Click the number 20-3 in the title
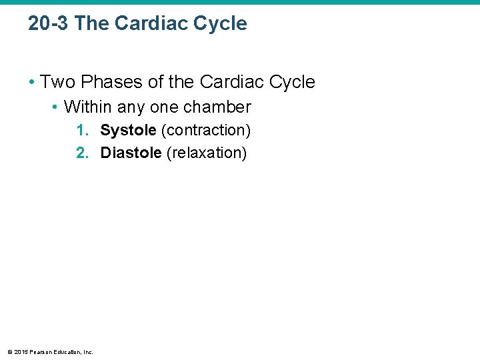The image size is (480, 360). [x=49, y=24]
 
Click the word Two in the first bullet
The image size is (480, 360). [x=55, y=82]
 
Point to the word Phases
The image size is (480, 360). [x=103, y=82]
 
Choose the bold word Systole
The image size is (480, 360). [x=128, y=130]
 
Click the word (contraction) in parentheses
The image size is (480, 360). [x=205, y=130]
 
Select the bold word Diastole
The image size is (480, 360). [x=131, y=153]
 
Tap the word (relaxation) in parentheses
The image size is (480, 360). [x=207, y=153]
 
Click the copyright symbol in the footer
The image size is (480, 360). [x=9, y=352]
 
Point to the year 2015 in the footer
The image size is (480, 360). [x=20, y=352]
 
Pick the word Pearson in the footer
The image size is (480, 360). [x=39, y=352]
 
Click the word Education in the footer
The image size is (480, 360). [x=67, y=352]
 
